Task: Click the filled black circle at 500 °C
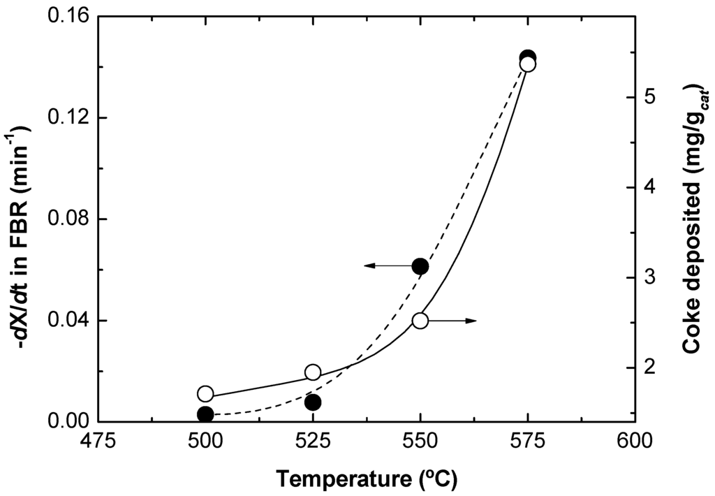205,414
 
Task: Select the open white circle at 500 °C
205,393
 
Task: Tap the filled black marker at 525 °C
313,402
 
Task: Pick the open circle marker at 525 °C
313,372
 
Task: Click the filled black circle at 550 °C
420,266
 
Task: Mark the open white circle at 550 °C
420,320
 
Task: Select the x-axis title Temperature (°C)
367,479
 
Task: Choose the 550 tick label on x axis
420,442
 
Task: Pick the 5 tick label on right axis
650,97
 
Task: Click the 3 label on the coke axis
650,277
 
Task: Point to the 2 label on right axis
650,367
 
